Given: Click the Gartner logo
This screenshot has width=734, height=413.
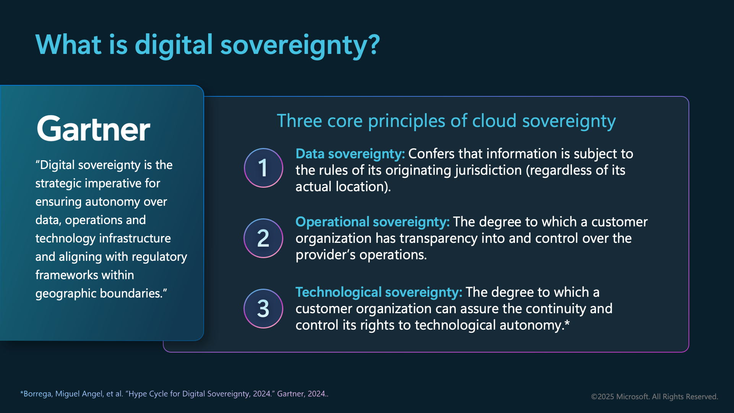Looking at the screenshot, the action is [93, 128].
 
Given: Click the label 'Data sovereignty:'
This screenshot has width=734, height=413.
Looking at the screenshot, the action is [350, 154].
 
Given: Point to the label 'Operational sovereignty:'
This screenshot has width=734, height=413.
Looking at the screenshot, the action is [373, 222].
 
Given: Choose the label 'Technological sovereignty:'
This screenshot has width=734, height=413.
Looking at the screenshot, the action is [379, 293].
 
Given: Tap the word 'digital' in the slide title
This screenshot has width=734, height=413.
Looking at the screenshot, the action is [174, 45].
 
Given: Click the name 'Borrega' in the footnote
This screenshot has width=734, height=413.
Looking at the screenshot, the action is [37, 394].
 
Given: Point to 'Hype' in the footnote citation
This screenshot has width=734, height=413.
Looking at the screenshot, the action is [138, 394].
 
